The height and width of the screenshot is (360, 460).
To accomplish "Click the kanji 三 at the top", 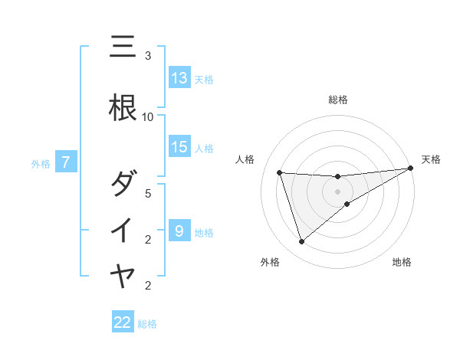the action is point(123,48).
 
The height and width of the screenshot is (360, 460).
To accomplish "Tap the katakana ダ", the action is point(123,184).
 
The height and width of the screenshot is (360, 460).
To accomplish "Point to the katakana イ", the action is point(123,230).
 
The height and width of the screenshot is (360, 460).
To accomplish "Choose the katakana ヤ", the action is point(123,276).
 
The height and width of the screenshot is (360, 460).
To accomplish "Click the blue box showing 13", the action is point(179,78).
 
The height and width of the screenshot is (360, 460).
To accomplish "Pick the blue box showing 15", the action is point(179,147).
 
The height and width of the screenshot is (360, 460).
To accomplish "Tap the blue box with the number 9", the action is point(179,231).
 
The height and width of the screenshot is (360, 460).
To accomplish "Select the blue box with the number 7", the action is point(67,162).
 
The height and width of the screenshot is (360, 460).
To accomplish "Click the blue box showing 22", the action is point(123,323).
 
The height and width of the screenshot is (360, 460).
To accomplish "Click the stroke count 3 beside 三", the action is point(148,56).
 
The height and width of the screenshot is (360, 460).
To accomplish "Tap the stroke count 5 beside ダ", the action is point(148,193).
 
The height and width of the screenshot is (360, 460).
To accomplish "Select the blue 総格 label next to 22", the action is point(147,324).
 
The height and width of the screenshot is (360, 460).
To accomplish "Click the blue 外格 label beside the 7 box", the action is point(40,163).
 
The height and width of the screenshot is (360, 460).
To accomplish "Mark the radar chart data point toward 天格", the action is point(410,169).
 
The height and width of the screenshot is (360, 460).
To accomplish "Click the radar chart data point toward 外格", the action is point(301,242).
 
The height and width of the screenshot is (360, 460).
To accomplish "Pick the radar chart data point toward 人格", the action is point(280,173).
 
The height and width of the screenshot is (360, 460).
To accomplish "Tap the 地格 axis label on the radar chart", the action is point(402,263).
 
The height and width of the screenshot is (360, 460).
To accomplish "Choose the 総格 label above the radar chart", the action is point(338,100).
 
